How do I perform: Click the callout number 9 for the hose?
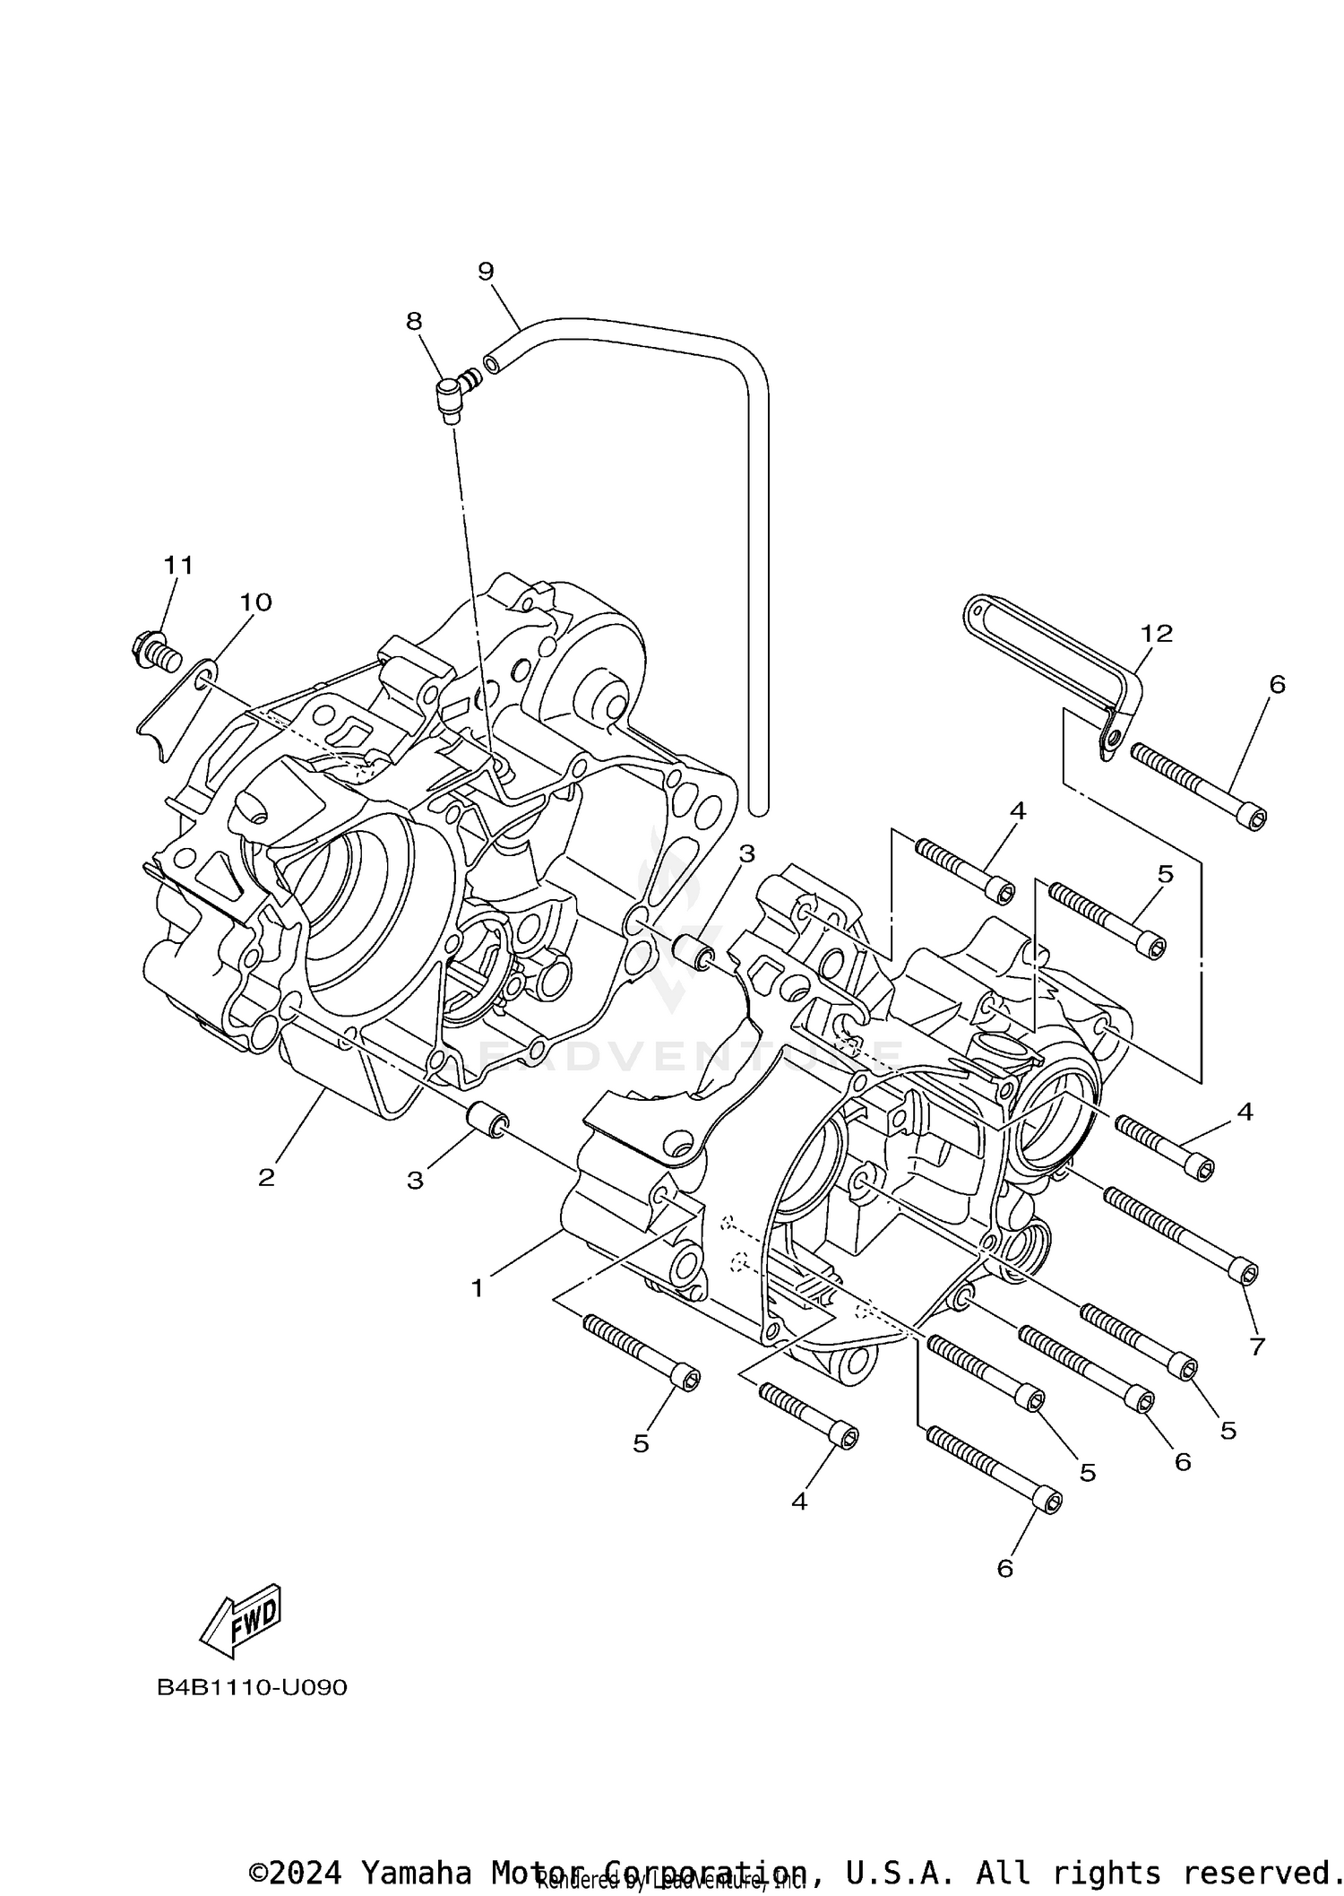pos(486,271)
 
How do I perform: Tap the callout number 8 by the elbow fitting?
pos(414,321)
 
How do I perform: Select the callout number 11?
pos(178,565)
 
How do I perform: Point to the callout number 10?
pos(255,602)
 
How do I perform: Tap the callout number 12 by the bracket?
pos(1157,633)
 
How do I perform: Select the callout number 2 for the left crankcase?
pos(266,1177)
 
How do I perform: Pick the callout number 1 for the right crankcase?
pos(478,1288)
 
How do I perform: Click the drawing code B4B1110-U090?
pos(253,1687)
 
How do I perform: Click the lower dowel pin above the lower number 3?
pos(489,1121)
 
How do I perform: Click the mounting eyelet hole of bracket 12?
pos(1111,739)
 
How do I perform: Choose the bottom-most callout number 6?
pos(1004,1568)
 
